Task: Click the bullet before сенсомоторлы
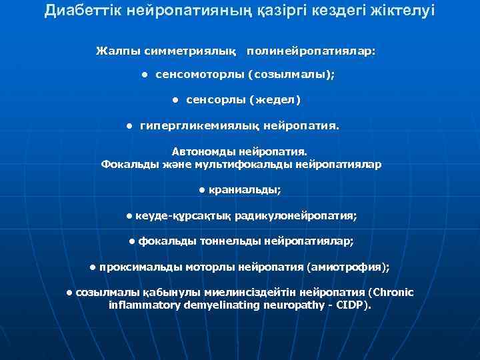pos(145,75)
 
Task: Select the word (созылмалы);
pos(291,75)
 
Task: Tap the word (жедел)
pos(275,100)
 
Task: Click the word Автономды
pos(203,152)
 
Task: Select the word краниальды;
pos(245,190)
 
